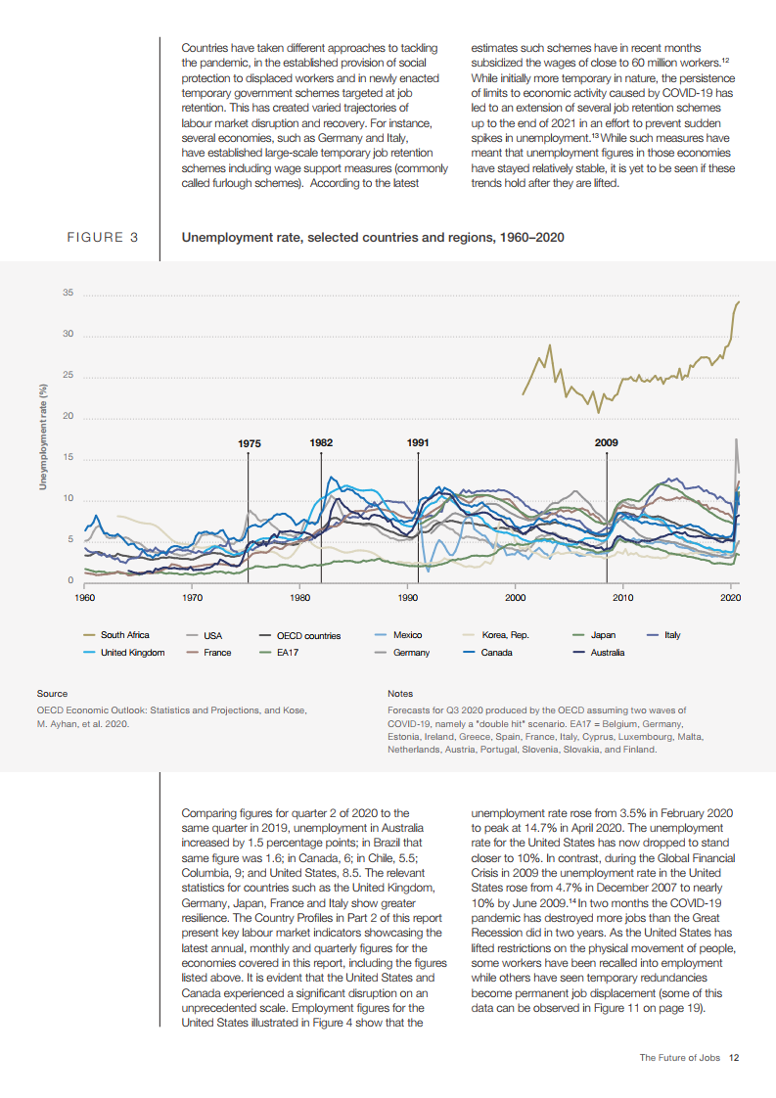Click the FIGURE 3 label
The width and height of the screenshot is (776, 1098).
(x=102, y=238)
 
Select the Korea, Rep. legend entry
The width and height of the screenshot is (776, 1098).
(x=505, y=635)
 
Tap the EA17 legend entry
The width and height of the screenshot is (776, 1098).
(x=288, y=652)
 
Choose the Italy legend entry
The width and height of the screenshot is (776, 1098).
(x=672, y=635)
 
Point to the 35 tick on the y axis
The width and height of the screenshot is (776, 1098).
(x=68, y=294)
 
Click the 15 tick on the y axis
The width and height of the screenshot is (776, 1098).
(x=68, y=458)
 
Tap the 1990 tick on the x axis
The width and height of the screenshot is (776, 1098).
(x=407, y=597)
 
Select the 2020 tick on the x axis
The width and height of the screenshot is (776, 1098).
(x=730, y=597)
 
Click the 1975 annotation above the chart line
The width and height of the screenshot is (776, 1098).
(x=249, y=444)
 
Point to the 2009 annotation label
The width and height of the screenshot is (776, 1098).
(x=606, y=443)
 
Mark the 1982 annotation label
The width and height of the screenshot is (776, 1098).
(x=321, y=443)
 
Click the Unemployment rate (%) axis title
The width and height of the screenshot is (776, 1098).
(x=43, y=437)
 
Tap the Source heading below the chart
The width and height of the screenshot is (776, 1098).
(x=52, y=693)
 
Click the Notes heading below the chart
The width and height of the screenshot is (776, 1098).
(x=400, y=693)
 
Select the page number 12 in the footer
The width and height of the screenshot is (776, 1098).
(x=733, y=1057)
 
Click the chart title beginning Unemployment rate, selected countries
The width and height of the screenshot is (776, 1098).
(x=373, y=238)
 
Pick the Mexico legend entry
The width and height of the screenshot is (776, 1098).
(x=406, y=635)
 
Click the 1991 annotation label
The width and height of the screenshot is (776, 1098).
(x=418, y=443)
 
